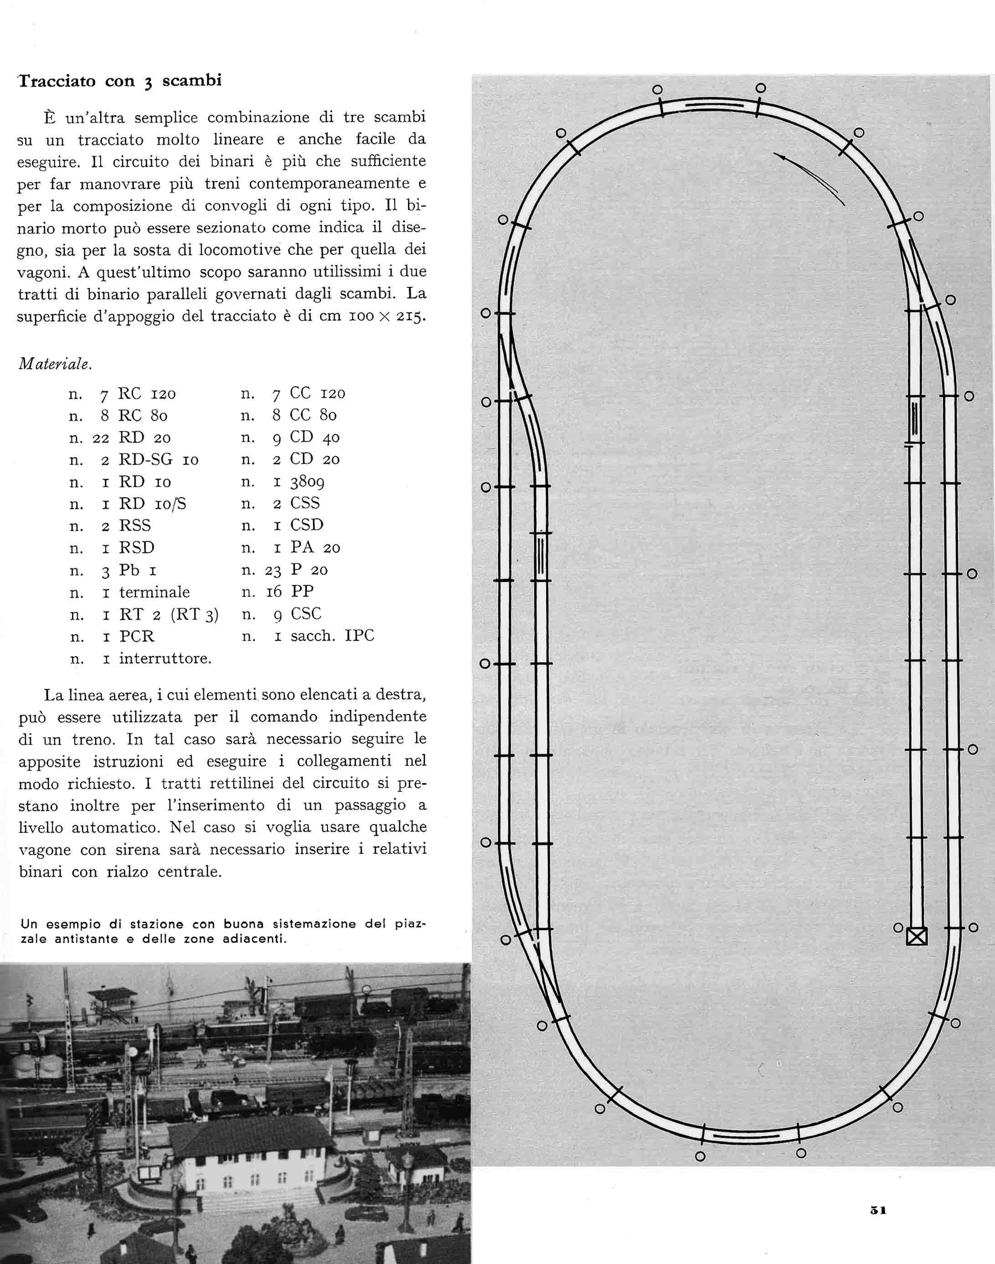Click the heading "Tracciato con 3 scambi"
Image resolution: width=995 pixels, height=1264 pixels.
(120, 81)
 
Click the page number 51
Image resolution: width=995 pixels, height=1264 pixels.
(878, 1210)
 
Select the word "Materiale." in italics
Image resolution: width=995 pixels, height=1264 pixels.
(56, 364)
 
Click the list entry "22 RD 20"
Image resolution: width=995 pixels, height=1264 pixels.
(131, 438)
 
